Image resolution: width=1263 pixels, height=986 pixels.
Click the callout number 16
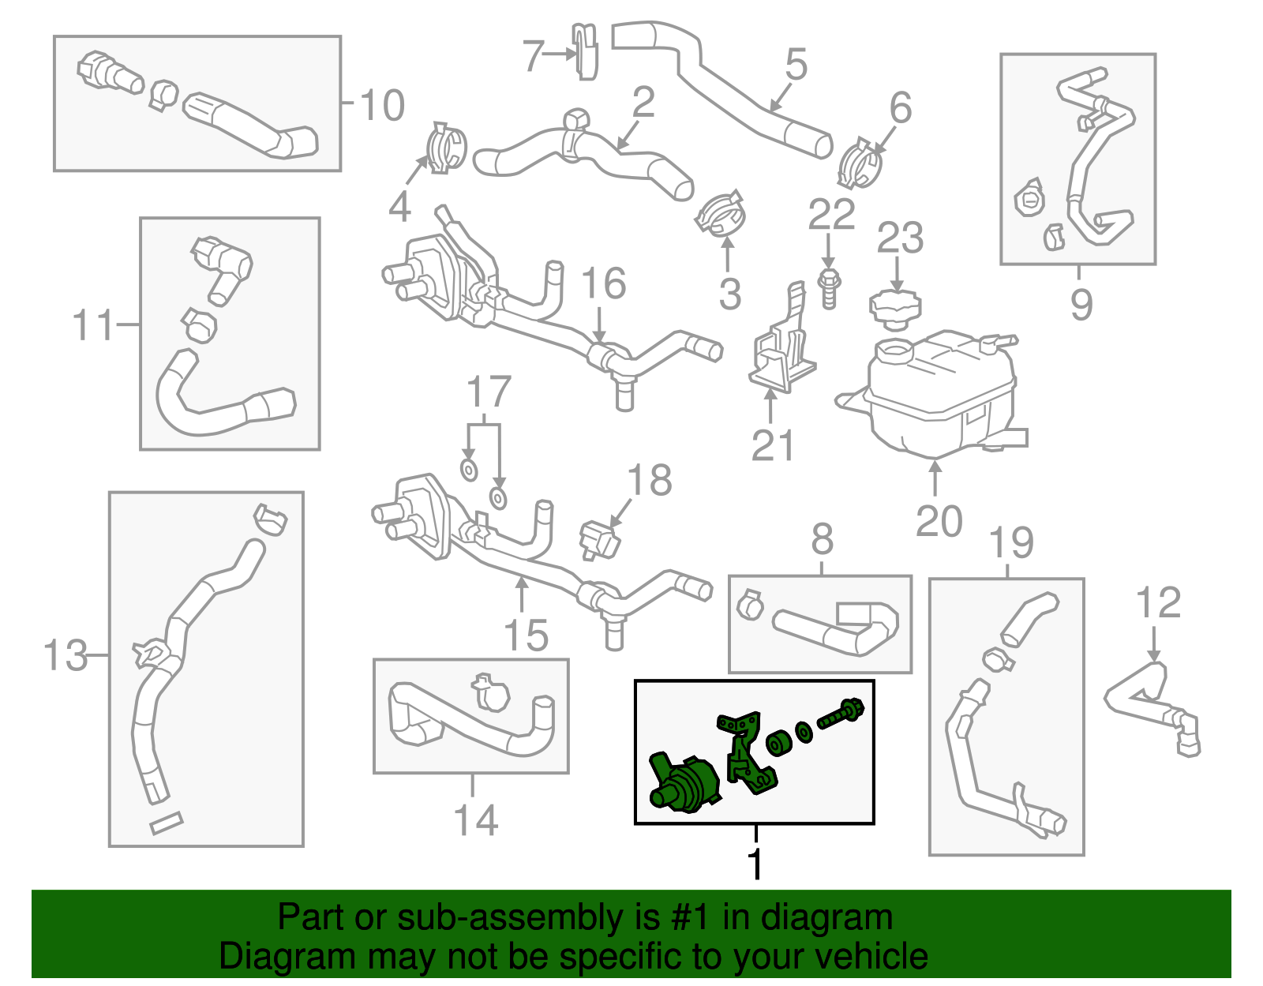[x=603, y=283]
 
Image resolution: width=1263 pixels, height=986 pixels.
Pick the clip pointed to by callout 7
[x=585, y=51]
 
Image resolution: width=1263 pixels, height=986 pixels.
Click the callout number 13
[x=65, y=654]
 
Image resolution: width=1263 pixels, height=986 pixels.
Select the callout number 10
[x=382, y=105]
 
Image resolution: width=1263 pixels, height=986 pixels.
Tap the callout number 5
[x=796, y=64]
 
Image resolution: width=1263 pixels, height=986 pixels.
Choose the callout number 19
[x=1011, y=543]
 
